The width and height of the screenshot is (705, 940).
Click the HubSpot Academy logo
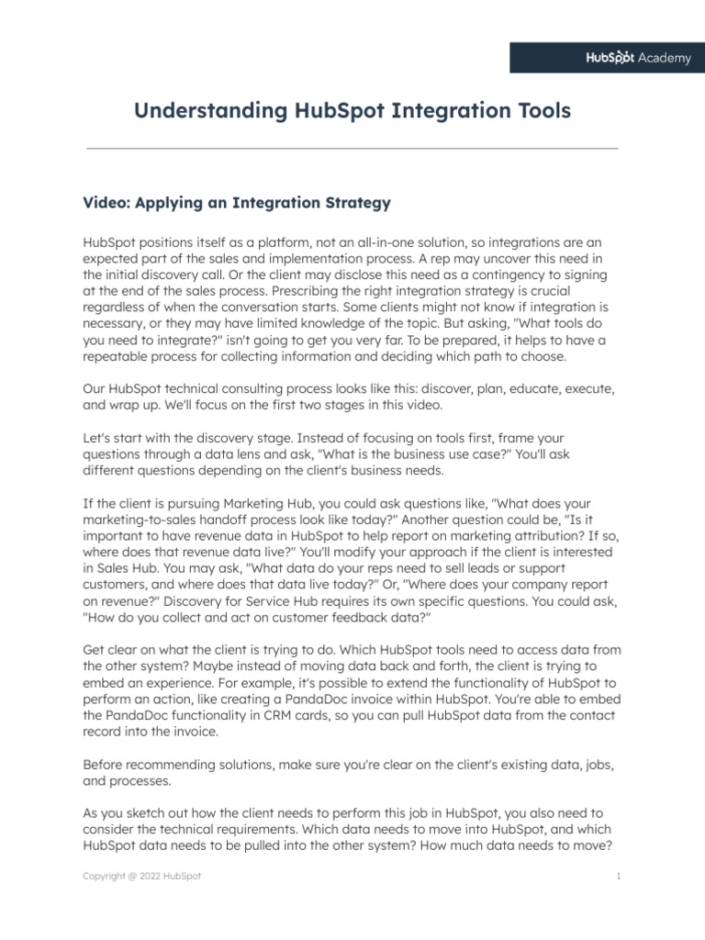(638, 58)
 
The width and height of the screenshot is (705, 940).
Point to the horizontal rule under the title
(352, 148)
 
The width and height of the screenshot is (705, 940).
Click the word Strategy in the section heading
(359, 202)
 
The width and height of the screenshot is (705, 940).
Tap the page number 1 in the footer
(620, 876)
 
